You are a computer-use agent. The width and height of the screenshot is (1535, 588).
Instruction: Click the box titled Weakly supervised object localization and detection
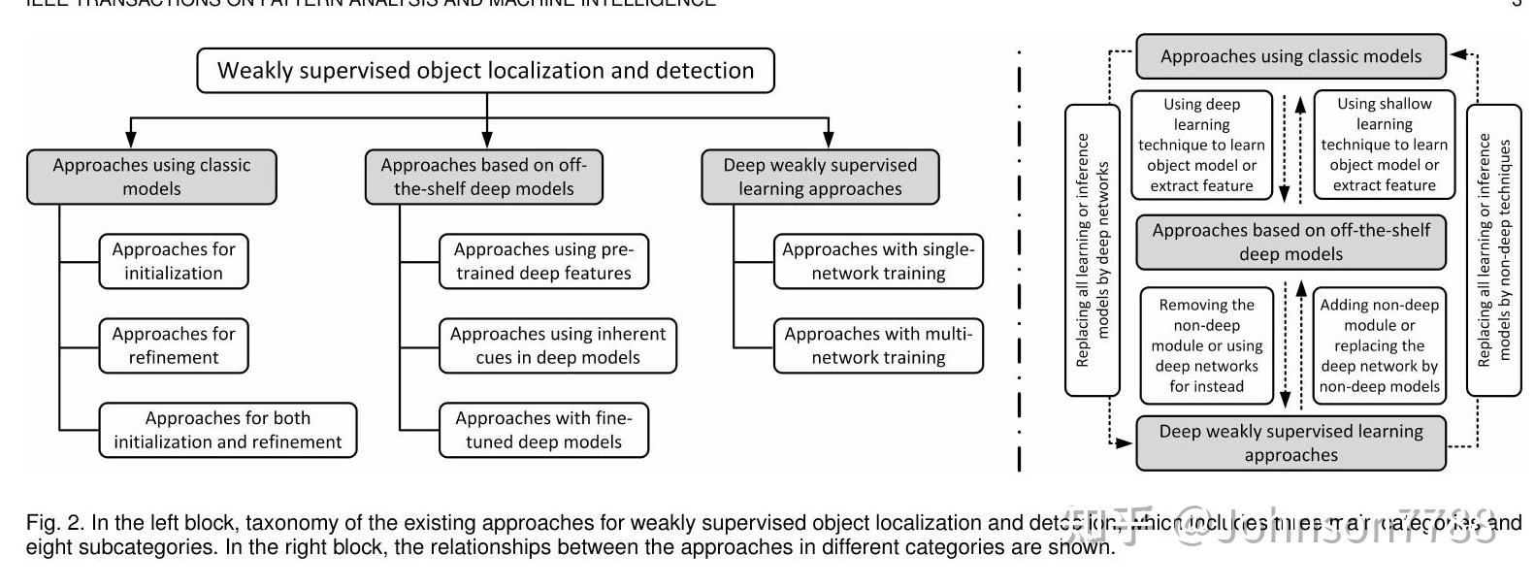point(485,71)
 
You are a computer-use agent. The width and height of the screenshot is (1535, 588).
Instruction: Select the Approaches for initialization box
point(174,262)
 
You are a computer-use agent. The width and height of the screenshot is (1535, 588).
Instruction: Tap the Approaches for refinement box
point(174,346)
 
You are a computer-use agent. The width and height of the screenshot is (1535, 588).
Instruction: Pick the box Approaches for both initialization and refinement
point(228,431)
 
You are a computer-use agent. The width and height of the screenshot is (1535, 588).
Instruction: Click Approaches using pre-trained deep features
point(543,262)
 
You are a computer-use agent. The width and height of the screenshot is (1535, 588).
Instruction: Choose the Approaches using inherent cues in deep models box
point(557,346)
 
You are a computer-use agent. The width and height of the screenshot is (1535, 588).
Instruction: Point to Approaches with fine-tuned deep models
point(543,431)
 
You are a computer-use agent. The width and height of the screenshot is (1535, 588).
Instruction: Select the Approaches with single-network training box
point(878,262)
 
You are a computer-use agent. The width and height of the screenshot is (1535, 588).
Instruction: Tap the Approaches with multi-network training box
point(878,346)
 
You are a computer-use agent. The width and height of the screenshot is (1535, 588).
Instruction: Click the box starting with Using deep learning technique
point(1201,145)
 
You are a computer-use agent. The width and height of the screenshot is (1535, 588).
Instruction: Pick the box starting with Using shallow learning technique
point(1384,145)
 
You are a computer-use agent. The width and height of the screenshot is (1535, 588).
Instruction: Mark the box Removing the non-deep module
point(1207,345)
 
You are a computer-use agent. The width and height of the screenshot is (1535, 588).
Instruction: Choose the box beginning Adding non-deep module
point(1379,345)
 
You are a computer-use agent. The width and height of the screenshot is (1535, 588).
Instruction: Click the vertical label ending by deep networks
point(1093,250)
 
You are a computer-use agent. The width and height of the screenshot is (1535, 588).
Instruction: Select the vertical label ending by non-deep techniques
point(1493,250)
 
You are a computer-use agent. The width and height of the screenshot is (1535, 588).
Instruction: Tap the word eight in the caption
point(48,547)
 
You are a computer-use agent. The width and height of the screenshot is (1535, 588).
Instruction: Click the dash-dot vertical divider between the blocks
point(1020,262)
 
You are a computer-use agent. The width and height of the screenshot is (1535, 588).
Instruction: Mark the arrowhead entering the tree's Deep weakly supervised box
point(828,142)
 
